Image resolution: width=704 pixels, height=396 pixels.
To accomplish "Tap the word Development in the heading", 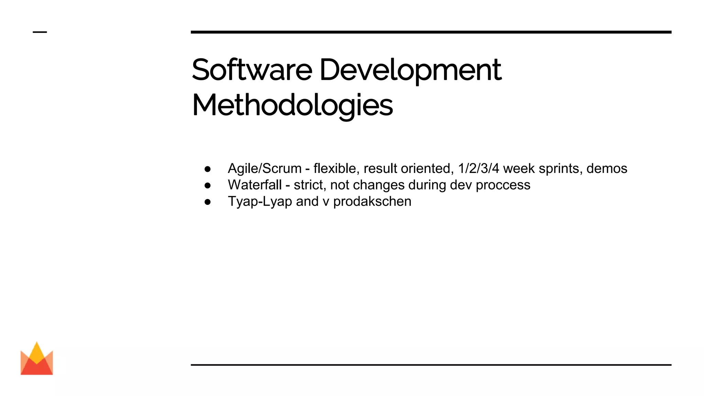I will click(x=410, y=70).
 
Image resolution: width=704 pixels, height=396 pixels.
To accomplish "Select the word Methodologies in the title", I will click(x=292, y=106).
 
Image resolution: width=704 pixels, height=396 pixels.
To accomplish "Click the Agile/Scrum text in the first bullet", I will click(x=265, y=169).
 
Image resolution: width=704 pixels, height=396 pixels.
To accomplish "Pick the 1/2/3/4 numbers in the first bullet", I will click(x=478, y=169).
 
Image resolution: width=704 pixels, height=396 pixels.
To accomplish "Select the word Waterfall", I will click(x=255, y=185).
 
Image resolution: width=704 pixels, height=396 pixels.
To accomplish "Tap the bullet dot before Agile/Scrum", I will click(x=207, y=169).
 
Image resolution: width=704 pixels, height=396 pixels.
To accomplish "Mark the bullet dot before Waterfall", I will click(x=207, y=186).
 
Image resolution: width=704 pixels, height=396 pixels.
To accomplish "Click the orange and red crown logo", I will click(x=37, y=359).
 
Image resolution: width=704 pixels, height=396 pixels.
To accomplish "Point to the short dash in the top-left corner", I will click(x=40, y=32).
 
